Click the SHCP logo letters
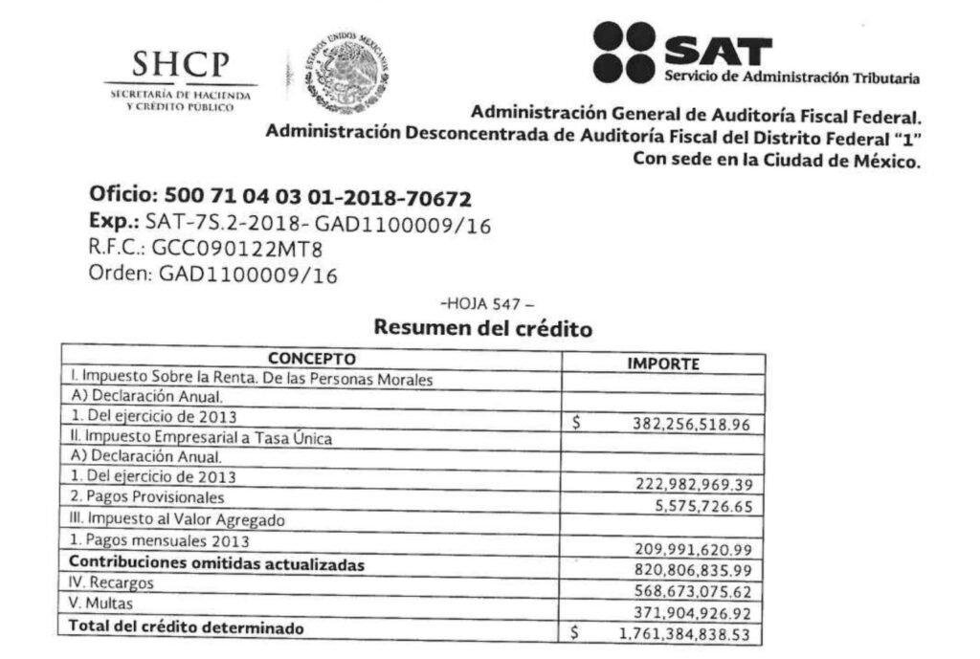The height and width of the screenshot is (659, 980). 181,65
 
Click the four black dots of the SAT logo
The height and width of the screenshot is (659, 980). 623,51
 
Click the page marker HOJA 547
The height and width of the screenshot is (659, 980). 485,304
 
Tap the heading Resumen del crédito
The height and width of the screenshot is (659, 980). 483,328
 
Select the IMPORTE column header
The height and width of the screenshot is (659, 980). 663,363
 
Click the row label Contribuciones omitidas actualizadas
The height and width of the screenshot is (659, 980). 217,564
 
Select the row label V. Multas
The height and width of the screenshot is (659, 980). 100,604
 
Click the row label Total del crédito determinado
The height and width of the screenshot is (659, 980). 187,627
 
